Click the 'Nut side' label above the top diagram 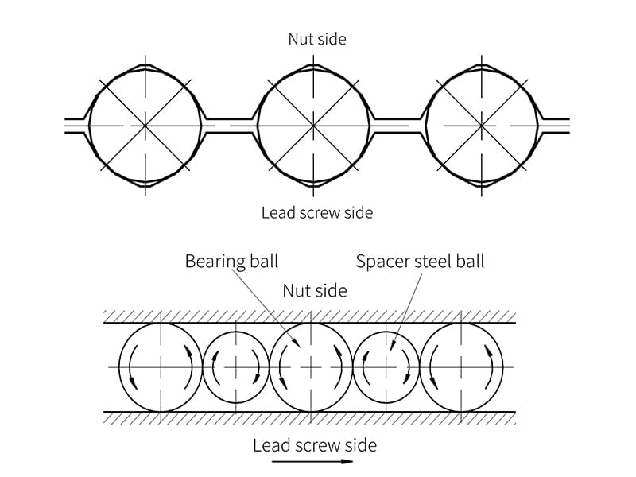point(317,38)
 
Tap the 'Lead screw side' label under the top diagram point(317,213)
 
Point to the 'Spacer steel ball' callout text point(420,261)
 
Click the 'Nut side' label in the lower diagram point(315,290)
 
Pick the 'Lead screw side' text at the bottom point(314,444)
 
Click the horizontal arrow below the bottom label point(311,461)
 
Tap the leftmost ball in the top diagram point(145,125)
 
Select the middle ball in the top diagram point(314,125)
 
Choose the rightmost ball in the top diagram point(483,125)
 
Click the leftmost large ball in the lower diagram point(161,366)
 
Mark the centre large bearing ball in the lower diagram point(311,366)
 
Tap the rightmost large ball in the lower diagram point(462,366)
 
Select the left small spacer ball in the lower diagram point(236,366)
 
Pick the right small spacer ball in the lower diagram point(386,366)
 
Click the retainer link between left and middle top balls point(230,125)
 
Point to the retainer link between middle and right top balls point(398,125)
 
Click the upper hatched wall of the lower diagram point(310,317)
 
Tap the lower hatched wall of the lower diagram point(310,417)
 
